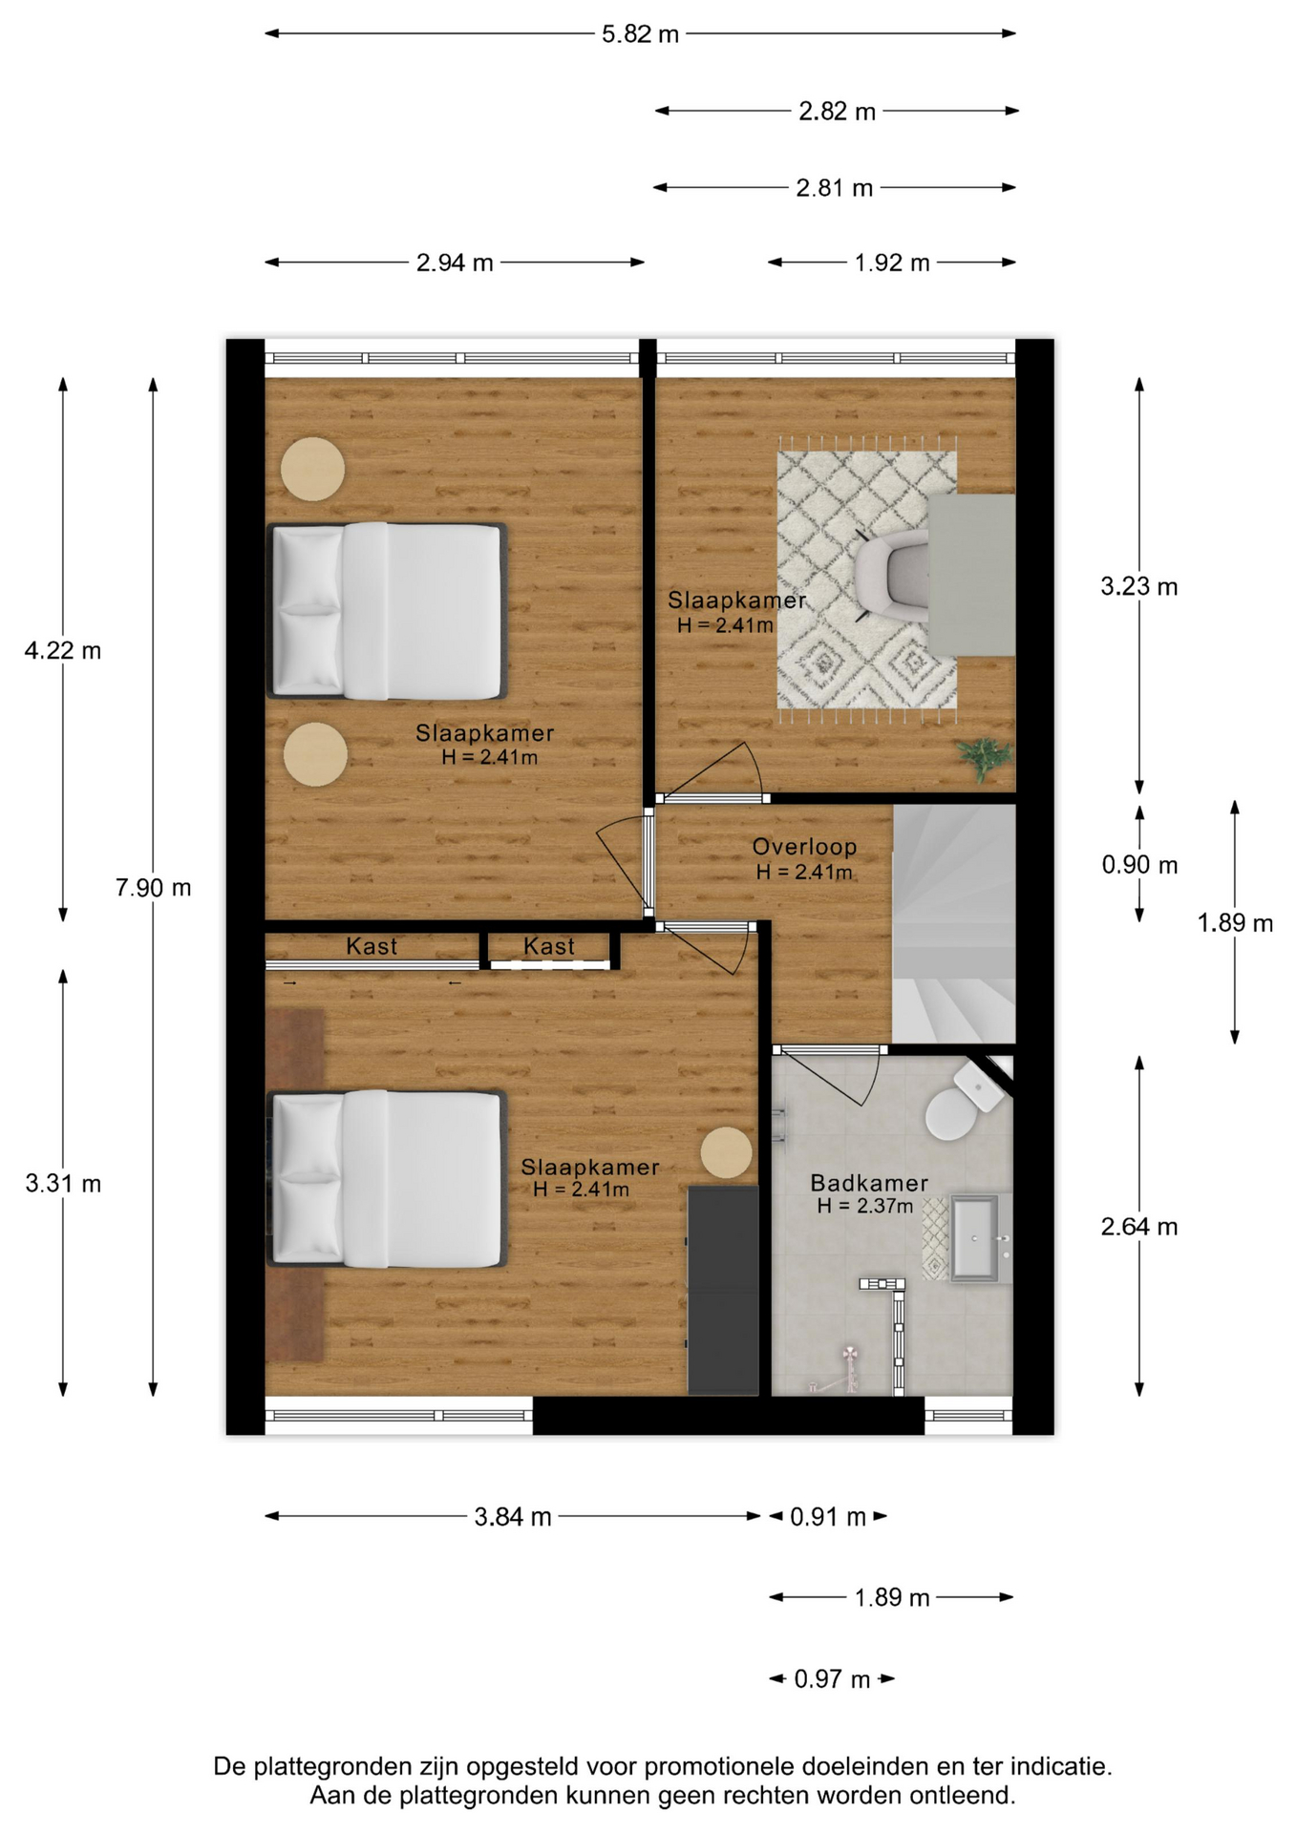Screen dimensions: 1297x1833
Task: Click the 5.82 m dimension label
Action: pyautogui.click(x=640, y=34)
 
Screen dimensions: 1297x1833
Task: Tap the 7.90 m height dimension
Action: pyautogui.click(x=153, y=888)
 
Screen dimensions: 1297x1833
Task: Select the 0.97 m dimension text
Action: pyautogui.click(x=832, y=1679)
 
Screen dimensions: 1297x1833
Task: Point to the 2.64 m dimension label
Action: pyautogui.click(x=1138, y=1227)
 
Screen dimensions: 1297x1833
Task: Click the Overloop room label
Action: pyautogui.click(x=804, y=847)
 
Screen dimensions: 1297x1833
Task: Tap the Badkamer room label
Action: pyautogui.click(x=869, y=1183)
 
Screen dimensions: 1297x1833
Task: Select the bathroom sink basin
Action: pyautogui.click(x=974, y=1238)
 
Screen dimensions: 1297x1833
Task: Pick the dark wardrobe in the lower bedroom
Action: pyautogui.click(x=723, y=1290)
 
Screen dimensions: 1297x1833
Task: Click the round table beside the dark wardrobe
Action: pyautogui.click(x=727, y=1153)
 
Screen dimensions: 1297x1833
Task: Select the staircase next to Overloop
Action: pyautogui.click(x=953, y=924)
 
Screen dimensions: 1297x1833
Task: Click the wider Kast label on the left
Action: pyautogui.click(x=372, y=946)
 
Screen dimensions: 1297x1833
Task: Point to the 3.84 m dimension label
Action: pyautogui.click(x=513, y=1517)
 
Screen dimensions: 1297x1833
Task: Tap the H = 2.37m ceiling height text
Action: pyautogui.click(x=865, y=1206)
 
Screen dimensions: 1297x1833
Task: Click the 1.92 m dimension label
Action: pyautogui.click(x=892, y=263)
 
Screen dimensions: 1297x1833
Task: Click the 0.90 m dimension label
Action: pyautogui.click(x=1139, y=865)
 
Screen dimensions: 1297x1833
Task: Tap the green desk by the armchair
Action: pyautogui.click(x=972, y=575)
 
